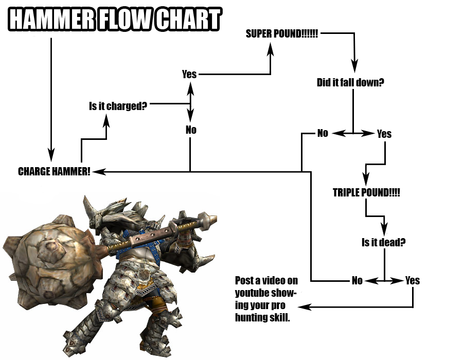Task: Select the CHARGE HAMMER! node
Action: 54,172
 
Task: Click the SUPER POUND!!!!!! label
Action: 282,34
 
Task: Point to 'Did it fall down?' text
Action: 350,82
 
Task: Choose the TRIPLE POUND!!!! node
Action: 366,193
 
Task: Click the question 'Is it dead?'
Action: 383,242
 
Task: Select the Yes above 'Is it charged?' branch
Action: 189,74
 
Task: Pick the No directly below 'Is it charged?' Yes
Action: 191,130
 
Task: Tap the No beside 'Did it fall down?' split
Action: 323,133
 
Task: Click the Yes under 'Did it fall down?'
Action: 384,134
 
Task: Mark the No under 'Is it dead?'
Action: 357,280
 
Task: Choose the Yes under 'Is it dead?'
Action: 413,280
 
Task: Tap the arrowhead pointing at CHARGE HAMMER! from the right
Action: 98,171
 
